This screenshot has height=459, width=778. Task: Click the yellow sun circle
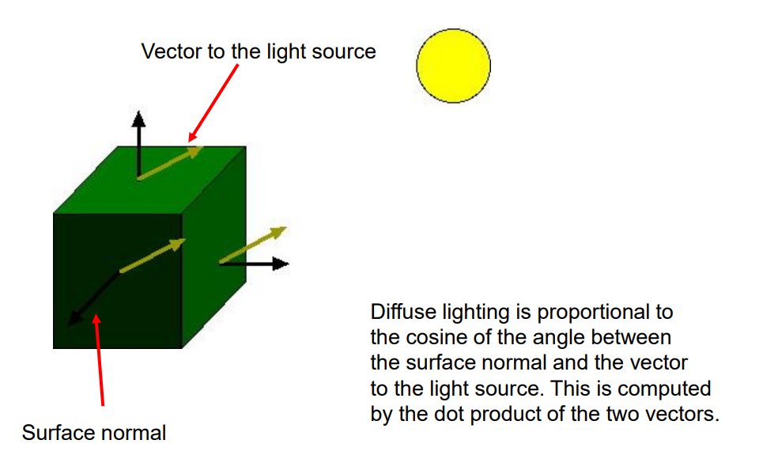453,66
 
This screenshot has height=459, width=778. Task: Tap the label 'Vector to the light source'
259,52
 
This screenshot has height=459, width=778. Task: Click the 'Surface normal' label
94,433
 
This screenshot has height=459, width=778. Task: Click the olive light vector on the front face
153,256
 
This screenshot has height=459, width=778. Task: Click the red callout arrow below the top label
213,103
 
